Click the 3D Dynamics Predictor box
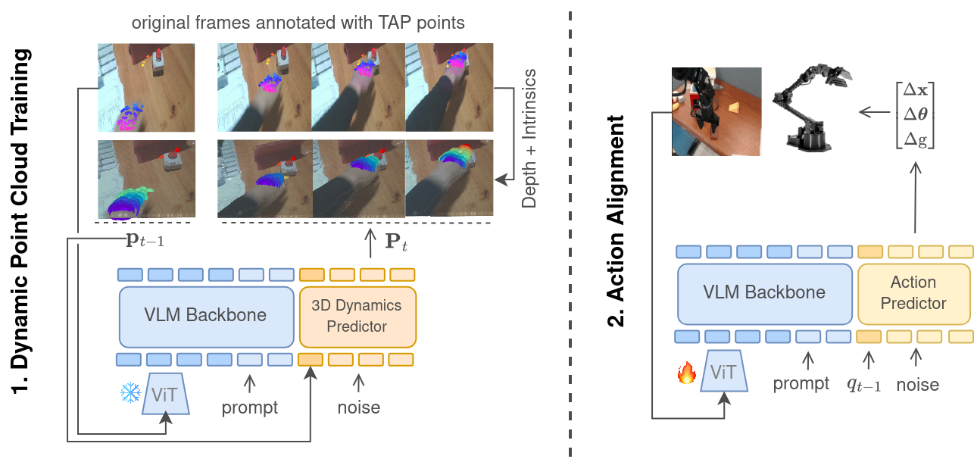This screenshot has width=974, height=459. tap(357, 316)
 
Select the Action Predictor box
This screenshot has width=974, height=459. tap(913, 293)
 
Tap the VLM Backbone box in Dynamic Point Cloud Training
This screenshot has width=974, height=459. tap(206, 315)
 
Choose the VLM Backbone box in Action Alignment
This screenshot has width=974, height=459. tap(764, 292)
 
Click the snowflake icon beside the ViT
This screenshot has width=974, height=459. tap(130, 393)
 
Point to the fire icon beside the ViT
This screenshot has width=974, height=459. tap(686, 373)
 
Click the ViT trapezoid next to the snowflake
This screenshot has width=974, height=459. tap(166, 394)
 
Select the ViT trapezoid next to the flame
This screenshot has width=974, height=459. tap(723, 372)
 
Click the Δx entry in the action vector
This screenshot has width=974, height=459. tap(914, 92)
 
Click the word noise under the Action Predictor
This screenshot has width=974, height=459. tap(917, 385)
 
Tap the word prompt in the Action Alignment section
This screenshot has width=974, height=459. tap(801, 383)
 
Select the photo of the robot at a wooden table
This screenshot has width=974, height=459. tap(716, 112)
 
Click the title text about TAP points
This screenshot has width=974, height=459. tap(298, 23)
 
